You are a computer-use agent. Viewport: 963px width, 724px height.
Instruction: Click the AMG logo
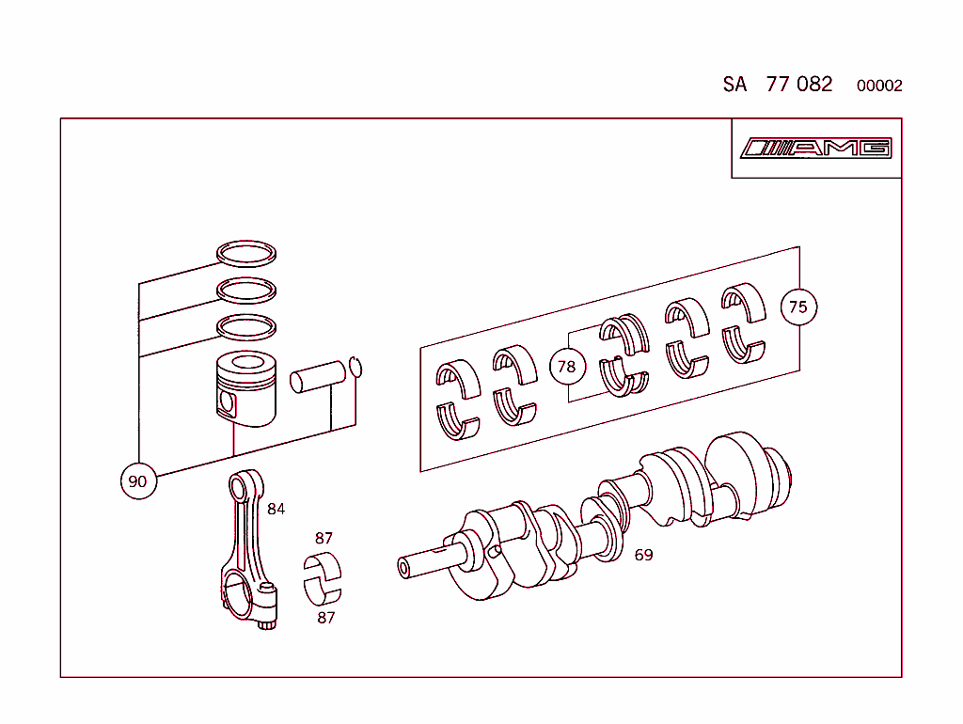click(815, 149)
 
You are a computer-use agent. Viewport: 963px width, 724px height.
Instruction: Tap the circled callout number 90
click(138, 481)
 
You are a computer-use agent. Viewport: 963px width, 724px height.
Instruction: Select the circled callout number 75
click(798, 307)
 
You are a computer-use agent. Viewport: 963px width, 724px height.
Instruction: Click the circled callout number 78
click(566, 366)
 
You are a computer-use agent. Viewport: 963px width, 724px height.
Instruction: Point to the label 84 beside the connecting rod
click(276, 509)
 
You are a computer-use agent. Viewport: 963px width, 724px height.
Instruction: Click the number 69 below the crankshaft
click(643, 555)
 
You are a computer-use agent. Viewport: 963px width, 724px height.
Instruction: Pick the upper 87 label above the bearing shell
click(324, 539)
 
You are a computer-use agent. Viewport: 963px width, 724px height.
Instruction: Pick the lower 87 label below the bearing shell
click(325, 618)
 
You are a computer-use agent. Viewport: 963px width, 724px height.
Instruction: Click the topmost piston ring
click(247, 253)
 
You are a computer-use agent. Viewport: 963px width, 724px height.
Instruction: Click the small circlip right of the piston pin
click(355, 366)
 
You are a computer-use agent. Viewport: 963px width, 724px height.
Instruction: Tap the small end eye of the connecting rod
click(247, 487)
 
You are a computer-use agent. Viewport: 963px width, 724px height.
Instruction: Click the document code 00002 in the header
click(879, 86)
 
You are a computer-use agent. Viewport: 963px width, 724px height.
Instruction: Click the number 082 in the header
click(814, 84)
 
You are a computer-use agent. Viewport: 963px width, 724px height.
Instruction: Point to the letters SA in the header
click(734, 84)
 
